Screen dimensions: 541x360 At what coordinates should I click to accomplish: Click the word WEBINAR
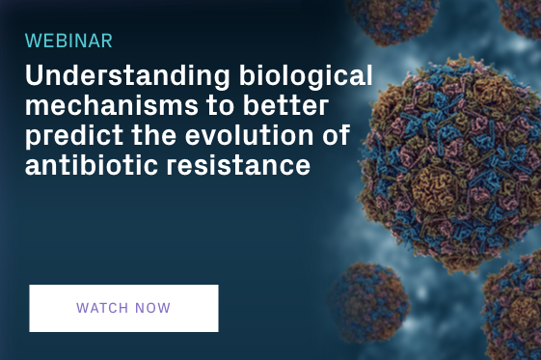[68, 41]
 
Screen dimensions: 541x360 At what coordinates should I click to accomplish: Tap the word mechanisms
[112, 105]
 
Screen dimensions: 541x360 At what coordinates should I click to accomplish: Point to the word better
[285, 105]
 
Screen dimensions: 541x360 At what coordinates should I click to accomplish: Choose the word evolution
[250, 135]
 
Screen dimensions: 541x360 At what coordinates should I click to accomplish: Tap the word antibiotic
[91, 165]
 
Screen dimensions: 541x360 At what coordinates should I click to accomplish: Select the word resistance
[238, 165]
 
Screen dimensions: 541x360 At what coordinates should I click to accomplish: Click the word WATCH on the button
[102, 308]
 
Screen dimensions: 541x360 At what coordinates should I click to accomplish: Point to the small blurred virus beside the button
[369, 302]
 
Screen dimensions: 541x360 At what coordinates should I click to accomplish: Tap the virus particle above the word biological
[392, 20]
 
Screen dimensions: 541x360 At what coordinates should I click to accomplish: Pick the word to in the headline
[221, 105]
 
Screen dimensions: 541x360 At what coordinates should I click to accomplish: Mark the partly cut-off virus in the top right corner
[519, 17]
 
